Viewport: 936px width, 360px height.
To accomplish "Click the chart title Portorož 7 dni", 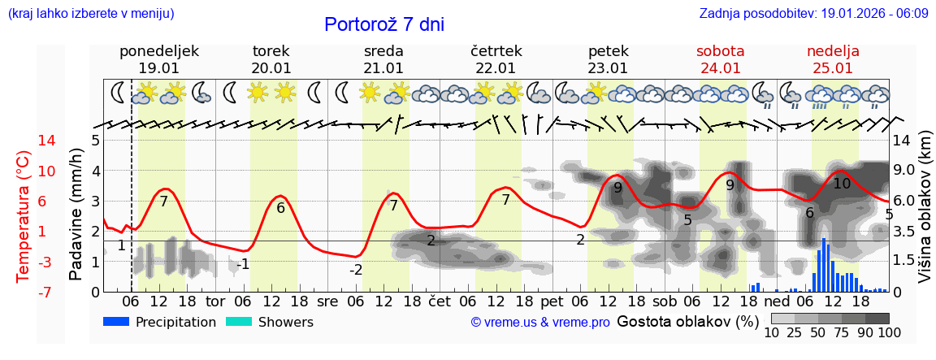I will pos(383,24).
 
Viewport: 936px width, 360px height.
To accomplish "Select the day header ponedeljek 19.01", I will pos(158,59).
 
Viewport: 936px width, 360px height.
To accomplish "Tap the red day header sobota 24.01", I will pos(720,59).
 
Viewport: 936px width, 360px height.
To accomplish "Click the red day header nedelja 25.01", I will pos(833,59).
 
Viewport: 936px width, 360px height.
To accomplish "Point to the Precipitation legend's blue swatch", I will pos(117,322).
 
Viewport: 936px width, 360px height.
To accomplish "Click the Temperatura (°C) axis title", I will pos(24,216).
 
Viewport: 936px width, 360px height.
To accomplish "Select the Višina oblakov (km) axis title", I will pos(925,216).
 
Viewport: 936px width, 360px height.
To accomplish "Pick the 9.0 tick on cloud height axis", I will pos(903,171).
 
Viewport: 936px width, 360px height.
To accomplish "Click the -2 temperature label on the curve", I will pos(356,270).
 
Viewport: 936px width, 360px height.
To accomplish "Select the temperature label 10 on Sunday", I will pos(842,184).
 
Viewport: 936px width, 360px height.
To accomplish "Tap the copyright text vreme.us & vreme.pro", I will pos(540,323).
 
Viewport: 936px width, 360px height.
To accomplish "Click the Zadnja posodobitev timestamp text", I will pos(813,14).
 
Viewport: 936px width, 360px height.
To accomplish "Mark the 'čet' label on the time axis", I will pos(440,300).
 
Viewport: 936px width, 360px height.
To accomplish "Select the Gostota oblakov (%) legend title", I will pos(687,321).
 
